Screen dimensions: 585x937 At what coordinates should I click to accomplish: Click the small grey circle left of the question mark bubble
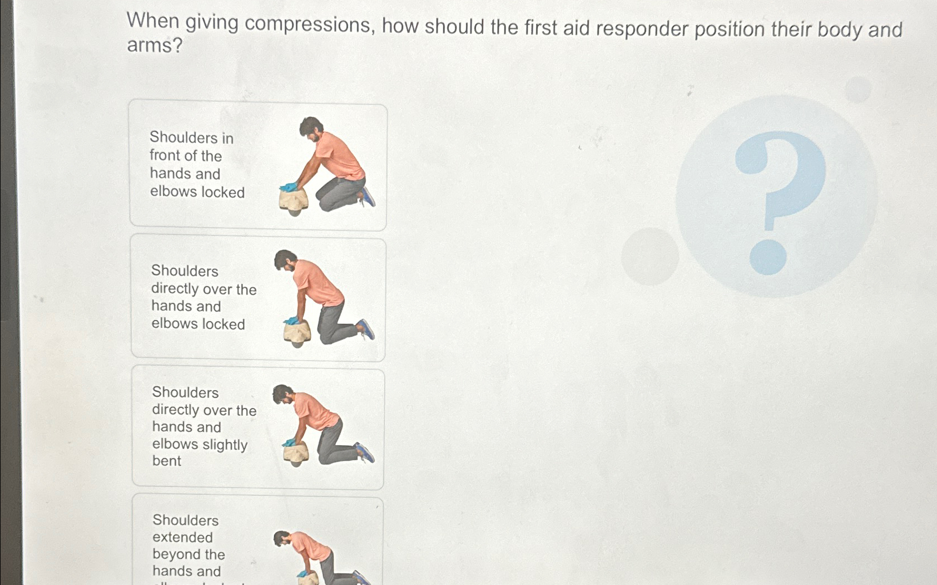[650, 256]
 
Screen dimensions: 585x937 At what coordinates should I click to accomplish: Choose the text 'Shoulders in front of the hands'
[191, 155]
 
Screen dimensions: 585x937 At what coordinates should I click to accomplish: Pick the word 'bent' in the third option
[167, 461]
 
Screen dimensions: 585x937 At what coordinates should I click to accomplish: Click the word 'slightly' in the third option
[225, 444]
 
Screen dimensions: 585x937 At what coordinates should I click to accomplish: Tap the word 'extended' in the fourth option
[182, 537]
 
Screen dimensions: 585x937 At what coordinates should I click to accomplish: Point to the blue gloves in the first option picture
[289, 187]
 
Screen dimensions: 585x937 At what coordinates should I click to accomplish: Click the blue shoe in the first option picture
[367, 196]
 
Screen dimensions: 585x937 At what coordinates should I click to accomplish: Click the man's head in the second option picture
[286, 260]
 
